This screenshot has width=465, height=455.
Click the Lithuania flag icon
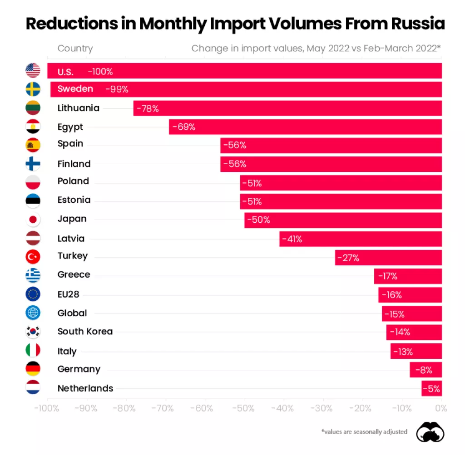pyautogui.click(x=33, y=108)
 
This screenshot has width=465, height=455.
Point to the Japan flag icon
pyautogui.click(x=33, y=220)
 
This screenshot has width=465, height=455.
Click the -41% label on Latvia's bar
pyautogui.click(x=292, y=239)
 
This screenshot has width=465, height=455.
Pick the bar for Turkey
pyautogui.click(x=388, y=258)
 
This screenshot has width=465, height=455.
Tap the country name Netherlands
pyautogui.click(x=85, y=388)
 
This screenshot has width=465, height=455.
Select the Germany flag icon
pyautogui.click(x=33, y=369)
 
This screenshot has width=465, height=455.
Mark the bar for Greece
pyautogui.click(x=408, y=276)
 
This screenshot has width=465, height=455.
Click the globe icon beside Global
pyautogui.click(x=33, y=313)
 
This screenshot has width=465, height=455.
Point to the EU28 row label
pyautogui.click(x=69, y=294)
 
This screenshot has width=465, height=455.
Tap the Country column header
pyautogui.click(x=75, y=49)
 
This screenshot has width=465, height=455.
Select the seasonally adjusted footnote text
pyautogui.click(x=364, y=432)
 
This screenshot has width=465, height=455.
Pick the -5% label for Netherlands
pyautogui.click(x=431, y=389)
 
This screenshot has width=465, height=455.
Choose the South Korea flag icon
pyautogui.click(x=33, y=332)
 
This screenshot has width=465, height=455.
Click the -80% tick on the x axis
pyautogui.click(x=125, y=408)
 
